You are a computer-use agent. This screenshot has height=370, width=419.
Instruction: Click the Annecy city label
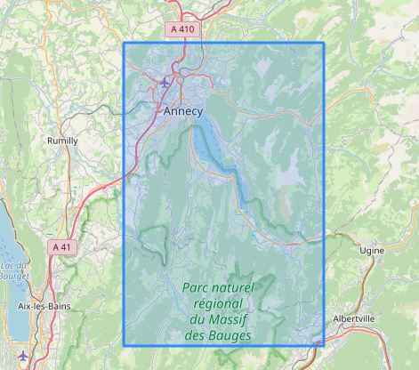click(183, 111)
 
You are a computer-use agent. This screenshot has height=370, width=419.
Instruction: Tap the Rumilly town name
click(61, 141)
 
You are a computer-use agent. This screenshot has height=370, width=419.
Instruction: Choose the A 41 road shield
click(61, 246)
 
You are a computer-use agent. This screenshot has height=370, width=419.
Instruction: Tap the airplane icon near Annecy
click(165, 84)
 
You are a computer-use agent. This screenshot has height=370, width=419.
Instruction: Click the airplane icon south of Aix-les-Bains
click(24, 358)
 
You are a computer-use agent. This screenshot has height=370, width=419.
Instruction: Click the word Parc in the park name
click(197, 288)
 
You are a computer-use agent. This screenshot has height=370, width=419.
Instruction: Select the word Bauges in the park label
click(230, 336)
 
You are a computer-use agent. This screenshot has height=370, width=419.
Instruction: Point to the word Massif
click(243, 320)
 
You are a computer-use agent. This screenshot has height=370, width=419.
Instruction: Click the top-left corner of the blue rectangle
click(124, 43)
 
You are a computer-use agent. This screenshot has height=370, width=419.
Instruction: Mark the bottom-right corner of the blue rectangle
click(324, 345)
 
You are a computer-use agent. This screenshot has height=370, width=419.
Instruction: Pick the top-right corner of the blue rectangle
click(324, 43)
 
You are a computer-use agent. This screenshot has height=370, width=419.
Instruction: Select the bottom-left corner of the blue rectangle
click(124, 345)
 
